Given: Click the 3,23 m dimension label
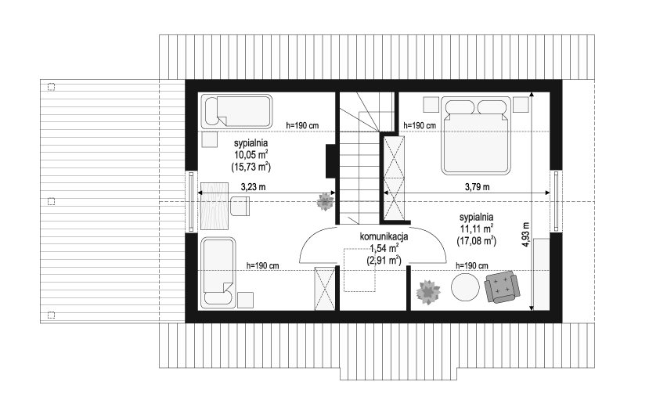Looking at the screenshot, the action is (253, 187).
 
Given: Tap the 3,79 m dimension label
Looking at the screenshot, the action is (477, 187).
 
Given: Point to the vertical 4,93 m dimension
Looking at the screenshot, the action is (525, 235).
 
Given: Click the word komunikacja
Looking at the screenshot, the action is (384, 236).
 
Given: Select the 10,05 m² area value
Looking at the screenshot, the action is (251, 155).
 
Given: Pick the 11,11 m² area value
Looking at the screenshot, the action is (476, 229).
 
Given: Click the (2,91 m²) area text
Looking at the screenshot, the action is (384, 260).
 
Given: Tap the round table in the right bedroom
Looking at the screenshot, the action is (465, 287).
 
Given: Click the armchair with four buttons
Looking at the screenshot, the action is (502, 286).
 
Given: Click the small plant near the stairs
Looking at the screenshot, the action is (326, 202).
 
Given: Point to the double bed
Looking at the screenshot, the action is (475, 135).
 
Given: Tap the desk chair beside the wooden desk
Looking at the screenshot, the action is (240, 207).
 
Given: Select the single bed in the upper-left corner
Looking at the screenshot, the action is (236, 112).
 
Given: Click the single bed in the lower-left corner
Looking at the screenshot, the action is (218, 273).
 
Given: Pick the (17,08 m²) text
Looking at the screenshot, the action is (476, 241).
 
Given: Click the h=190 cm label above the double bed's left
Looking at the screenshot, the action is (420, 125).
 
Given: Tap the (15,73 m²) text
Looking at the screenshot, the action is (251, 167).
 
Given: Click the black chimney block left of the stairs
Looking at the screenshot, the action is (330, 161).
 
